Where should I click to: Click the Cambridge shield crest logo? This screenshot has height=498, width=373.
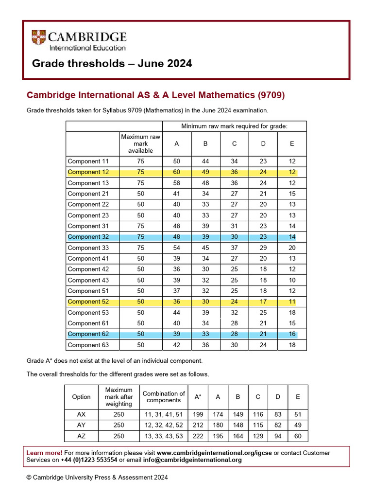[38, 38]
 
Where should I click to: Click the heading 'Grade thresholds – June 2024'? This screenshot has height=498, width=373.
[112, 64]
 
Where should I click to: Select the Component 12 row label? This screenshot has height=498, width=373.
[88, 172]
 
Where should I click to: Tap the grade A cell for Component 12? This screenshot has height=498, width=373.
[176, 172]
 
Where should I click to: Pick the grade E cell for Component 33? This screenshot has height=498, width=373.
[291, 248]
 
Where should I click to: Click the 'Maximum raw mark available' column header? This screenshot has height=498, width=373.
[140, 143]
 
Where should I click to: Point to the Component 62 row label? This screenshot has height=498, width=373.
[88, 334]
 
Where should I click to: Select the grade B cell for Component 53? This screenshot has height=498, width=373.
[205, 313]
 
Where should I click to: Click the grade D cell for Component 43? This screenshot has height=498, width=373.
[263, 280]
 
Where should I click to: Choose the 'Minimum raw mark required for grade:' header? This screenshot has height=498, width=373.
[234, 126]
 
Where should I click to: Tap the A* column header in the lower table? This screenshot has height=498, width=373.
[198, 397]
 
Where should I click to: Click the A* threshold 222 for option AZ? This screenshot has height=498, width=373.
[198, 436]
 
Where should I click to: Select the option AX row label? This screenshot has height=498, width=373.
[81, 414]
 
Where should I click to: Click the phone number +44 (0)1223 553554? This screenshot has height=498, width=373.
[89, 460]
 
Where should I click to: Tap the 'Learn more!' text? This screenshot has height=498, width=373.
[44, 453]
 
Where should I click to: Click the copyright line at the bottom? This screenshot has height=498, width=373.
[97, 478]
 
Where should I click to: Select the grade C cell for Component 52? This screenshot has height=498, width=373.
[234, 302]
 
